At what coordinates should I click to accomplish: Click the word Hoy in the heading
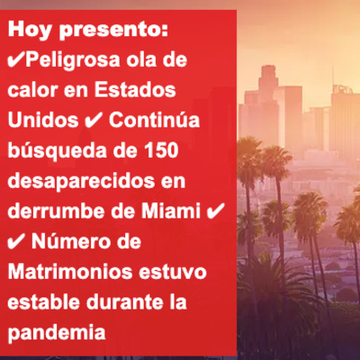(28, 31)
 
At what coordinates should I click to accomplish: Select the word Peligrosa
(73, 61)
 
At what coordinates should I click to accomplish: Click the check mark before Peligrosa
(16, 60)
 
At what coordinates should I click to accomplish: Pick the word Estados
(135, 90)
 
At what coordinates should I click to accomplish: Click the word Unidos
(43, 120)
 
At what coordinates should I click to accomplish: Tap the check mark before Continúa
(94, 121)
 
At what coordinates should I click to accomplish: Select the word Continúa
(154, 120)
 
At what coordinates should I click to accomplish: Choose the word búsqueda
(57, 151)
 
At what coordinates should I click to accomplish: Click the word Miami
(171, 211)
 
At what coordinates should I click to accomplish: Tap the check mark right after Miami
(215, 211)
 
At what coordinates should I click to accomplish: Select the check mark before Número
(16, 241)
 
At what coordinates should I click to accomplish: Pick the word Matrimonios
(70, 272)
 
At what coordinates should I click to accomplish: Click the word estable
(44, 301)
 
